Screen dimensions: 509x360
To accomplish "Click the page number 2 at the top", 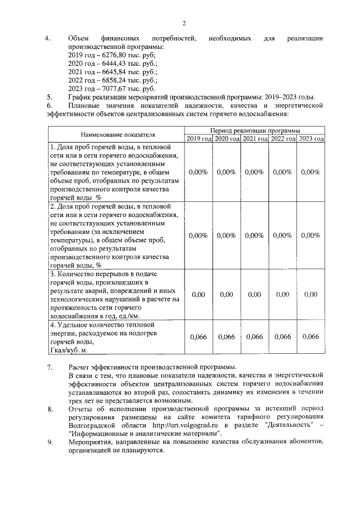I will click(183, 23).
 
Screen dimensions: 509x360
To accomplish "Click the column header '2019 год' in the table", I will click(199, 138).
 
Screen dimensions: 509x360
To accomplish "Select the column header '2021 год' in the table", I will click(255, 138).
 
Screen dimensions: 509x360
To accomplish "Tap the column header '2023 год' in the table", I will click(311, 138).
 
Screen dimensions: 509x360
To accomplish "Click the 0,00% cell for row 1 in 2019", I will click(198, 172).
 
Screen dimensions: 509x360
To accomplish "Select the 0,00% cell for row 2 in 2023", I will click(310, 236).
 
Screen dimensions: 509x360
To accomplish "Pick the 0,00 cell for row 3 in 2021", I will click(255, 294).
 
